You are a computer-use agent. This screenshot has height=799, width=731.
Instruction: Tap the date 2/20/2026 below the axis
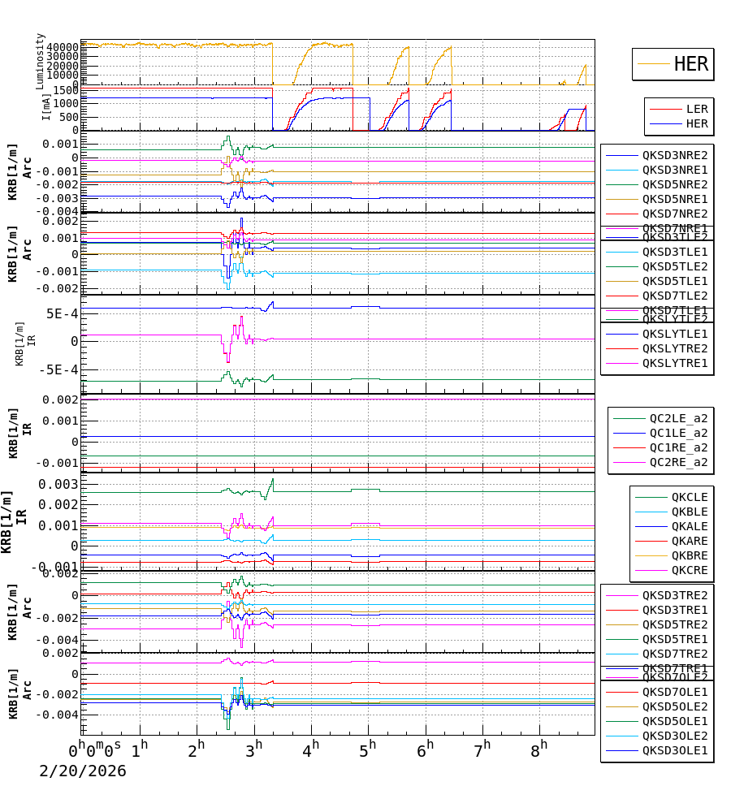coord(83,771)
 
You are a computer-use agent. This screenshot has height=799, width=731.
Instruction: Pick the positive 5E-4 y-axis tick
coord(62,314)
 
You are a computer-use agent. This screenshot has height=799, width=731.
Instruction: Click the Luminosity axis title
coord(41,61)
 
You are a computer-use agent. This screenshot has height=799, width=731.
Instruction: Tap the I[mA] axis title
coord(46,107)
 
